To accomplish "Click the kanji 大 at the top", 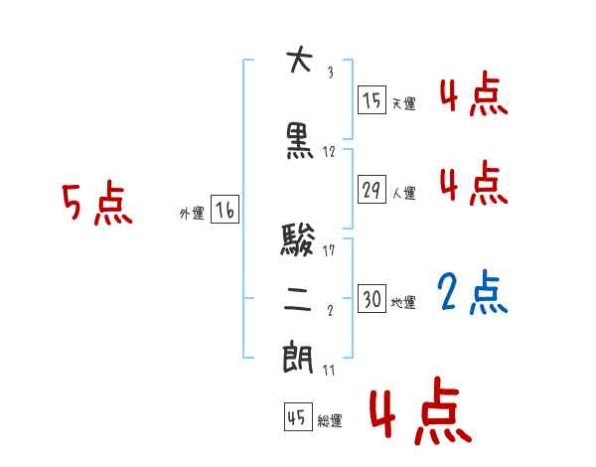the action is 298,62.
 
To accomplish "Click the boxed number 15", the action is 372,100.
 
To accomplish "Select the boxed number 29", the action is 372,190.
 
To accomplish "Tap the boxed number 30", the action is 372,299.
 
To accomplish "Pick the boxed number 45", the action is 296,418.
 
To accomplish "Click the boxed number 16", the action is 224,210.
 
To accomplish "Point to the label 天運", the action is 403,103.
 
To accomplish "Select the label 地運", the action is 403,302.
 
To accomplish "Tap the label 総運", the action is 330,421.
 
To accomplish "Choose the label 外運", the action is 192,213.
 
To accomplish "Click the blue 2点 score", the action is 473,293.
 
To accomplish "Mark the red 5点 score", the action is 96,205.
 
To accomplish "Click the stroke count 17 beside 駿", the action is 330,250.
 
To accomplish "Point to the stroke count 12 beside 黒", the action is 329,152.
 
